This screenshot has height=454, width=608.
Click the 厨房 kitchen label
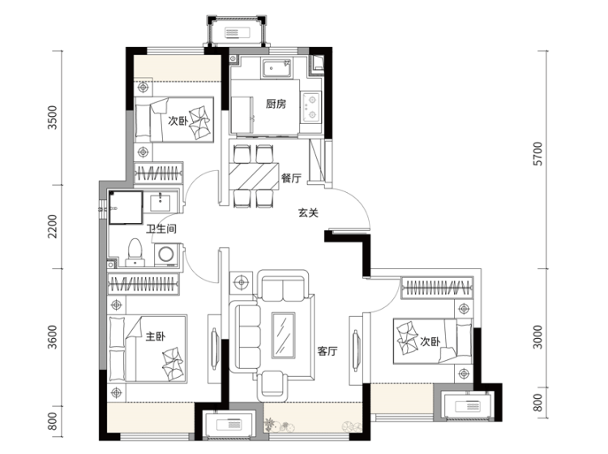coord(276,104)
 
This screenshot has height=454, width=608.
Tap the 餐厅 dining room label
coord(291,178)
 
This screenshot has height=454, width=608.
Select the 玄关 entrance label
coord(308,213)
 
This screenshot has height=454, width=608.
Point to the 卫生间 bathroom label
coord(161,229)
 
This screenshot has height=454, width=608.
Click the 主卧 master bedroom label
coord(156,336)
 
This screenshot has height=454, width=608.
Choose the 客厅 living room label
coord(328,351)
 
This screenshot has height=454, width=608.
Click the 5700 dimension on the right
coord(538,153)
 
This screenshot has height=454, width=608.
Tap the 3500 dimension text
coord(52,118)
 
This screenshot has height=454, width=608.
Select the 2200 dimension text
coord(52,226)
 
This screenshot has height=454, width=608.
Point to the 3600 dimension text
coord(52,337)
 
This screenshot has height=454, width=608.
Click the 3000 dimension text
coord(538,337)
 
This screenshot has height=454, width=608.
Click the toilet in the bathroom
coord(135,252)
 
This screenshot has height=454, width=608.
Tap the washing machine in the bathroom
coord(167,255)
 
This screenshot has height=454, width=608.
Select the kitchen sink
coord(276,69)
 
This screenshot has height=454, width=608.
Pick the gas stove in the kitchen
coord(311,107)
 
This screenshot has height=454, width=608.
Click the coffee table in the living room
coord(284,335)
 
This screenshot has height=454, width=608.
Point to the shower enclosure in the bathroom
coord(126,208)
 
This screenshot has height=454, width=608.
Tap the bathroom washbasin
coord(161,202)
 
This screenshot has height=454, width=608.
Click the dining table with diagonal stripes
coord(254,177)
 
